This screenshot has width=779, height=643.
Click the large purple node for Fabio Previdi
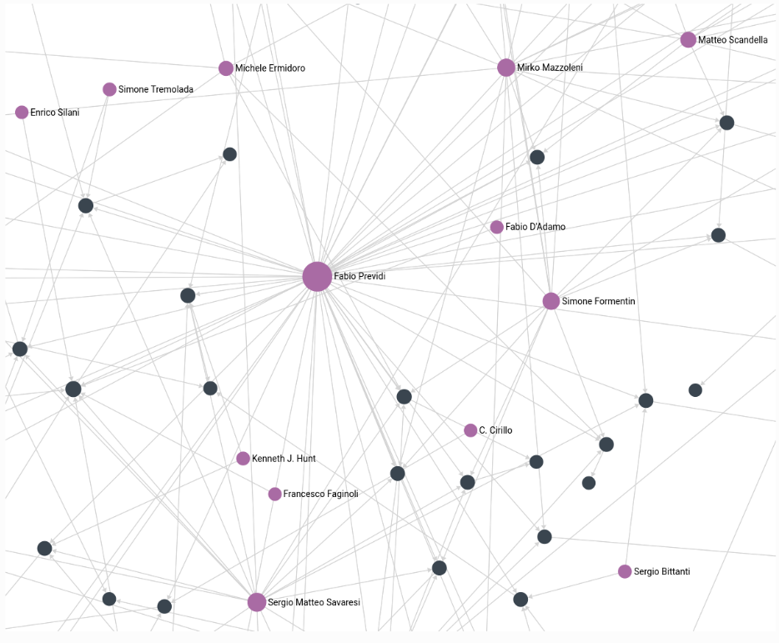click(317, 276)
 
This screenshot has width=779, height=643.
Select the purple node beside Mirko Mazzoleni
click(506, 68)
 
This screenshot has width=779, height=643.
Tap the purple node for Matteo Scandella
click(688, 40)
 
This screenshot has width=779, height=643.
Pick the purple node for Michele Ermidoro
click(226, 68)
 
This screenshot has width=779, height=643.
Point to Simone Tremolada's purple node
click(109, 89)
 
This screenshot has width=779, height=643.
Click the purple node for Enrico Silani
click(22, 113)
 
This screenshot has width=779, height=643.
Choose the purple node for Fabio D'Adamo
click(497, 227)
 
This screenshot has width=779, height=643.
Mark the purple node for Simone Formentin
click(550, 301)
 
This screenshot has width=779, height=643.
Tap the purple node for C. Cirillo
click(470, 430)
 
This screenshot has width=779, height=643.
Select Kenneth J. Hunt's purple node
click(243, 459)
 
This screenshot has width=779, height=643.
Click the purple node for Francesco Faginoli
click(274, 495)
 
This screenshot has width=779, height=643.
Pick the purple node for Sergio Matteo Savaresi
click(257, 602)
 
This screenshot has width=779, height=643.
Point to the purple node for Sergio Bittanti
click(625, 571)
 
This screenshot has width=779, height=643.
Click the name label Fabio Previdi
click(359, 276)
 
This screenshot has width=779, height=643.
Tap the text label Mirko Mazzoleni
click(550, 68)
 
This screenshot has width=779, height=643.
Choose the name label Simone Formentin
click(599, 301)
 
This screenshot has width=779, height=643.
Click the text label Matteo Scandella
click(733, 40)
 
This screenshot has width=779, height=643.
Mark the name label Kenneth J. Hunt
click(284, 459)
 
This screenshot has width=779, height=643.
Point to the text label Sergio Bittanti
click(662, 571)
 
